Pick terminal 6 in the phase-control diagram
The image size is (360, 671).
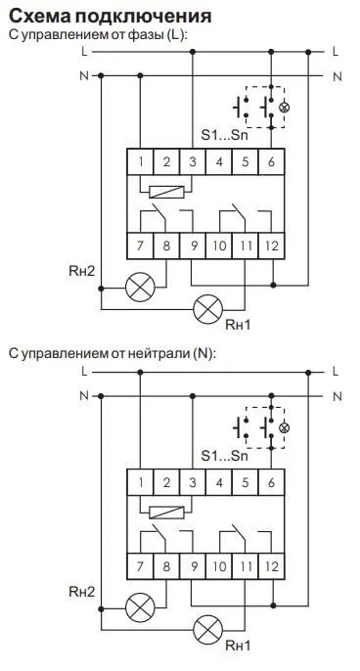pos(270,162)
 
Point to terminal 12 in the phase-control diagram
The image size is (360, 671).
pos(270,243)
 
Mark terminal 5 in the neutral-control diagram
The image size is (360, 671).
pos(245,481)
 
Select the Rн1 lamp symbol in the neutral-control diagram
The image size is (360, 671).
pos(207,627)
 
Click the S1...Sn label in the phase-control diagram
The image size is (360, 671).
pos(224,133)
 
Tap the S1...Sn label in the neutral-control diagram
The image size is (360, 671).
pos(224,455)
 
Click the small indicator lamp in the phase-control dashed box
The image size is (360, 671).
pos(285,106)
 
